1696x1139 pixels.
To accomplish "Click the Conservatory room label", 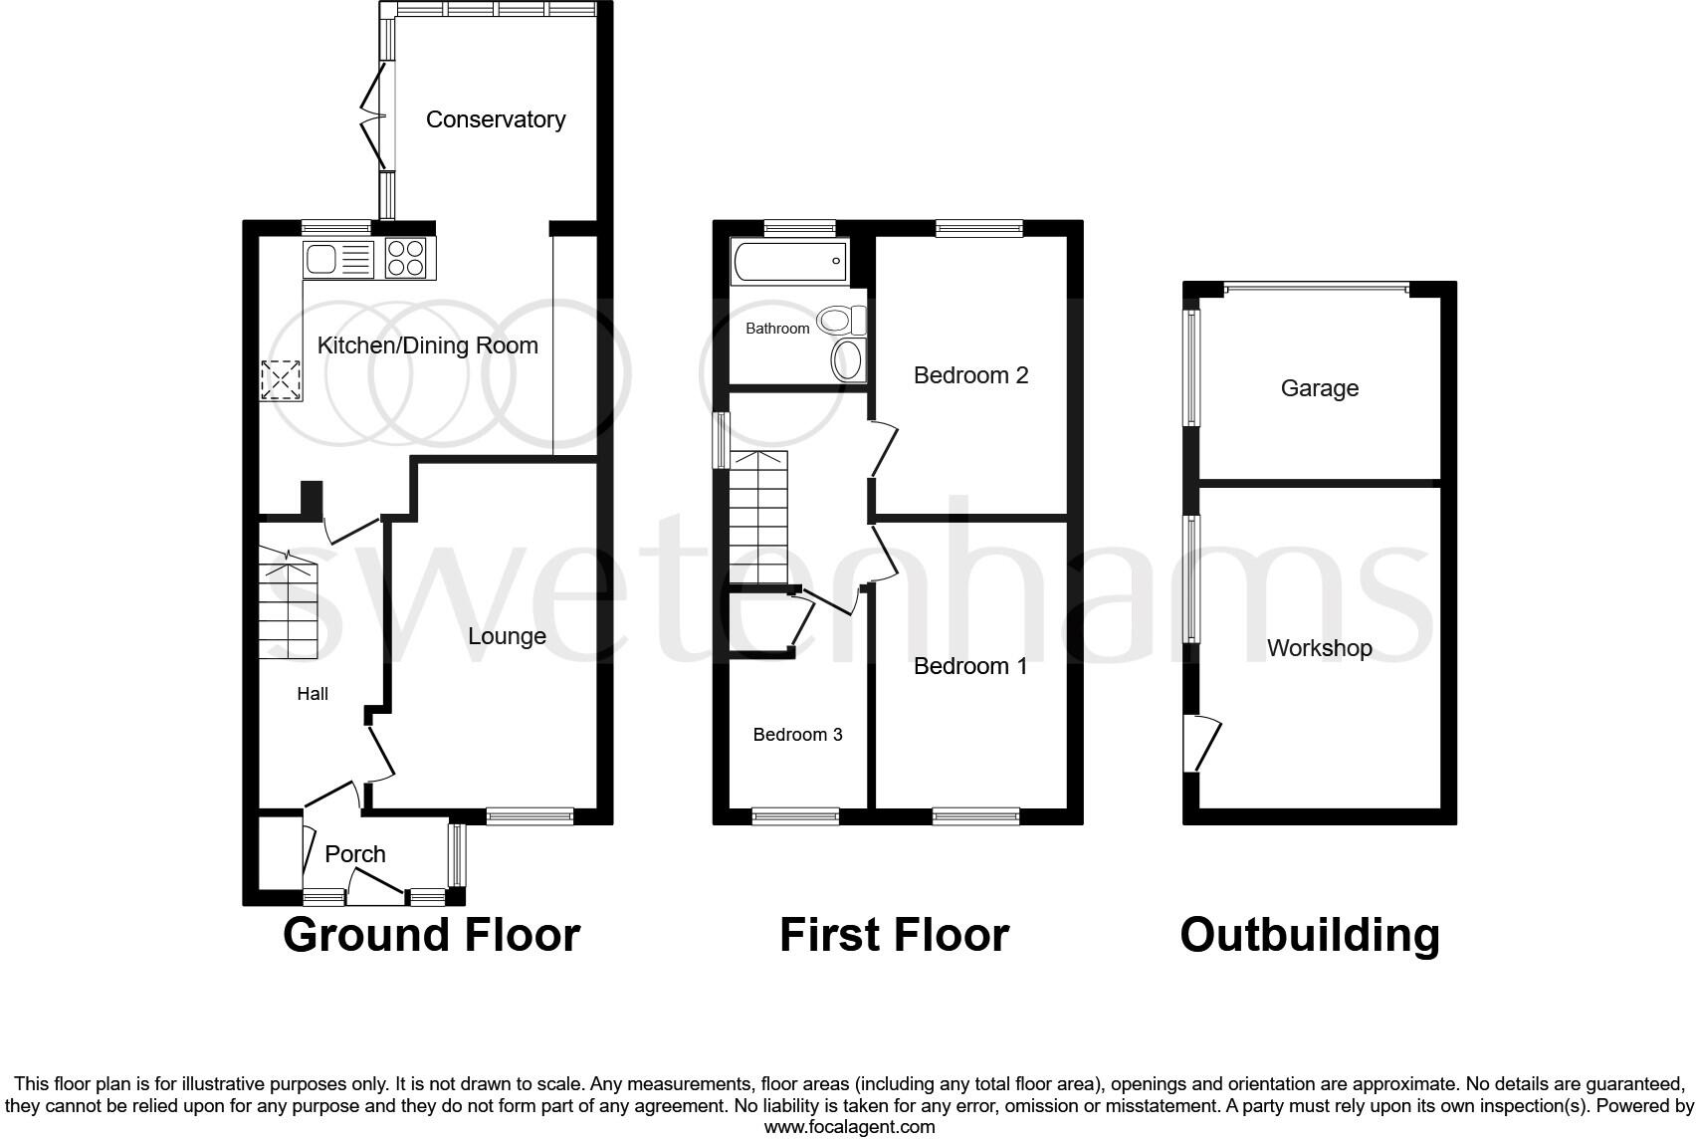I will (x=495, y=119).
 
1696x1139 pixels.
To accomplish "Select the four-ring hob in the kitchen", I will (x=405, y=259).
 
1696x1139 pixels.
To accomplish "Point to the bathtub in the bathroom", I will (x=789, y=262).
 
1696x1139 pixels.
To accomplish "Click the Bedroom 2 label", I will (x=970, y=375).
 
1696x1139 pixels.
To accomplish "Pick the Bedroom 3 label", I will (x=797, y=735).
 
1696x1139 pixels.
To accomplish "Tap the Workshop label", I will (x=1319, y=648).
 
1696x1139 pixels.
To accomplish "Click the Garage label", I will (x=1319, y=388).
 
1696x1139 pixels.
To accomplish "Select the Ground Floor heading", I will (x=431, y=936).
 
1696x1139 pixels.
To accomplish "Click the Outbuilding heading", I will (x=1309, y=936).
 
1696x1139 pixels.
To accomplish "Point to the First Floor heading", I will (x=894, y=936).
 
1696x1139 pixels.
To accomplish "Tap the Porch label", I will (x=355, y=854).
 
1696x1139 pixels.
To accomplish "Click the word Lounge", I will (x=507, y=636).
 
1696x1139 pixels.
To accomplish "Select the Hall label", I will (x=313, y=694).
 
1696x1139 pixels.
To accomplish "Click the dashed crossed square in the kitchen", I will (x=281, y=380).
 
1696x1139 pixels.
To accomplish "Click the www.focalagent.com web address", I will (x=849, y=1127).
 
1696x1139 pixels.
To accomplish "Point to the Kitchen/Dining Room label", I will (x=427, y=345).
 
